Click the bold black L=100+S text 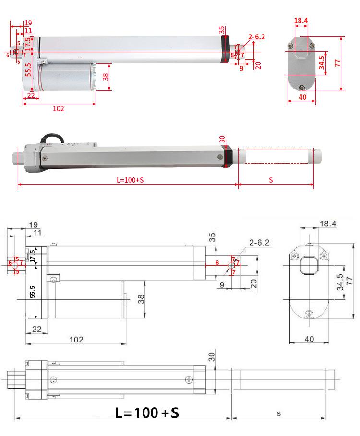(147, 412)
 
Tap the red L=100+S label (130, 180)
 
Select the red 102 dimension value (59, 108)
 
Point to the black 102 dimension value (76, 339)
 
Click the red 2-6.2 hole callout (256, 37)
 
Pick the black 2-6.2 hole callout (259, 243)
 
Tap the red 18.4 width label (301, 20)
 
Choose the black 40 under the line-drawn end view (310, 339)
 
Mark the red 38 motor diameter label (106, 77)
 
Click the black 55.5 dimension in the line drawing (32, 292)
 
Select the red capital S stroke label (271, 180)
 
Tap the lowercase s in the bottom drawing (279, 413)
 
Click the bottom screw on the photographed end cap (302, 88)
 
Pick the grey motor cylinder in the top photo (67, 77)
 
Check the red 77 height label (337, 63)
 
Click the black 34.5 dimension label (340, 282)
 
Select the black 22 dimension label (37, 329)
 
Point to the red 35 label (221, 30)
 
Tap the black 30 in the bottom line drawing (212, 357)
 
